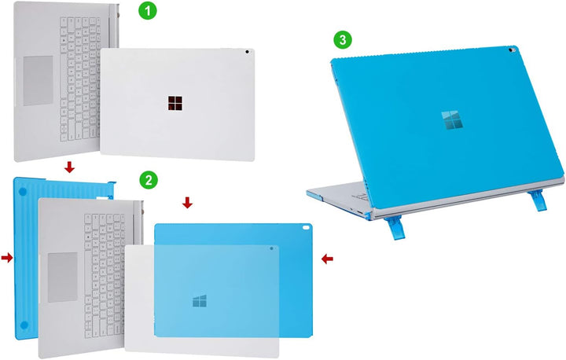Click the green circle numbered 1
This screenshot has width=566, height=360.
coord(148,10)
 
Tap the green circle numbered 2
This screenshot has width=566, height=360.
coord(149,179)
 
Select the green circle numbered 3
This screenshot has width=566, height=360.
coord(343,39)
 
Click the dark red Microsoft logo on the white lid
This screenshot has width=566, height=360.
coord(175,103)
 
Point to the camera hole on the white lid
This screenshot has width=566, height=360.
coord(247,52)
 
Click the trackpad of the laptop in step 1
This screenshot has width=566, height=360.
coord(39,81)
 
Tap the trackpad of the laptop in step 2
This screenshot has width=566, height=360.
coord(63,277)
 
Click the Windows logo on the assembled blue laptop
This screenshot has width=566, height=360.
coord(452,120)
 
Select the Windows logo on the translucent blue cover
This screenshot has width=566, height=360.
coord(200,301)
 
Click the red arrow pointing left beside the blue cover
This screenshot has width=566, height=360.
coord(327,259)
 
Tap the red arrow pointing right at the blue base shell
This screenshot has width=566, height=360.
coord(7,258)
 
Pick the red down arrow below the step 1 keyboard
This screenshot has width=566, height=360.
coord(69,167)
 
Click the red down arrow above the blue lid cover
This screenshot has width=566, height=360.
coord(187,203)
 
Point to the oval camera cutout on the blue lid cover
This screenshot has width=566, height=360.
coord(307,227)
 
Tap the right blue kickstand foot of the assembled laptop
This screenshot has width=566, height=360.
coord(538,200)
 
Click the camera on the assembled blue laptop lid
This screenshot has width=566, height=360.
coord(511,50)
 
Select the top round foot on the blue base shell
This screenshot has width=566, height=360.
coord(22,192)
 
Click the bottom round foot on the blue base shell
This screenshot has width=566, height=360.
coord(24,325)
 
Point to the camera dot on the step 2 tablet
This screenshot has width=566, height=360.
coord(271,248)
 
